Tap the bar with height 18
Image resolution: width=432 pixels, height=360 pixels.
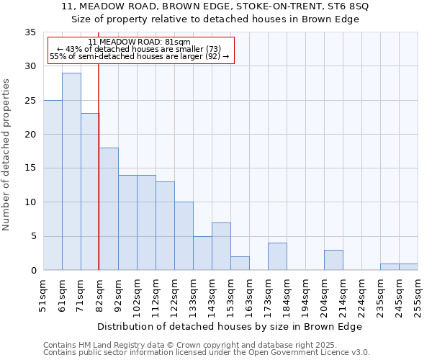(x=109, y=209)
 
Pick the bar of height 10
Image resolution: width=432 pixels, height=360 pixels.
(x=184, y=236)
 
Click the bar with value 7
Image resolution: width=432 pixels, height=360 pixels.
(x=221, y=246)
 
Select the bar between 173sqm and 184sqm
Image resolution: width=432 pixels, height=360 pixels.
(x=277, y=256)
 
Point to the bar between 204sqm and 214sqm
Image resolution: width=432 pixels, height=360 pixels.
(x=333, y=260)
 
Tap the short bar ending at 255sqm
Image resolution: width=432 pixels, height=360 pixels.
(x=408, y=266)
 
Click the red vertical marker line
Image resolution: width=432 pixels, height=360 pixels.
(x=98, y=180)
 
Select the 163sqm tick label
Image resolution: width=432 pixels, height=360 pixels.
(x=249, y=295)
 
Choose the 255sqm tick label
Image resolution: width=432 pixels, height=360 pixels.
(x=418, y=295)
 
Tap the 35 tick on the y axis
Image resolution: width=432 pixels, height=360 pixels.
(x=30, y=32)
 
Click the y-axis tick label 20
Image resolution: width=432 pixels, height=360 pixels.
(x=30, y=135)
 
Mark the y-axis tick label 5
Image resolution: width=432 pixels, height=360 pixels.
(x=33, y=236)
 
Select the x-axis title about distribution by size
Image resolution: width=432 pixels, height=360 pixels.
(x=229, y=326)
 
